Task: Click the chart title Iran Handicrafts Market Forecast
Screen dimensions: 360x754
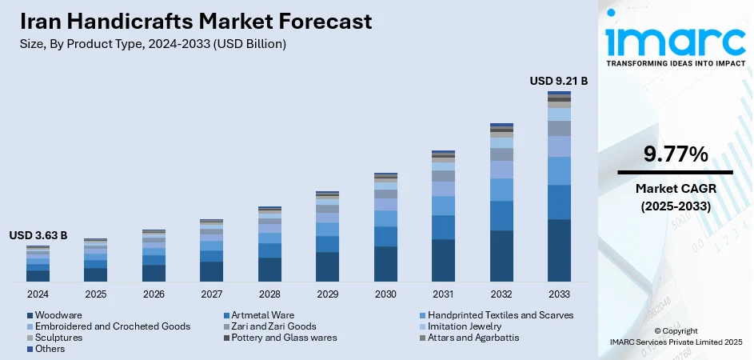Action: pos(197,20)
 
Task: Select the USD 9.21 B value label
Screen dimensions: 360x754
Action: pos(559,81)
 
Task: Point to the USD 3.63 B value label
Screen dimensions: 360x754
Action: pos(38,235)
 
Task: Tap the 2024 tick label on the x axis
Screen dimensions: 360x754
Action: pos(38,294)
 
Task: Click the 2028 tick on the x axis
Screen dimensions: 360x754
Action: pos(269,294)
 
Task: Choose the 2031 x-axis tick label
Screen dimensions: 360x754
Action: pos(443,294)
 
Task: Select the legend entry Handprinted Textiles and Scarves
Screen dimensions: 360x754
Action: pos(500,315)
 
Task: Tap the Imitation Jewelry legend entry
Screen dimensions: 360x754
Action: pos(465,326)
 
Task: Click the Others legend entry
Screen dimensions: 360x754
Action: pos(50,349)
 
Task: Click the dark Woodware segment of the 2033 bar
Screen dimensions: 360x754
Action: pos(559,250)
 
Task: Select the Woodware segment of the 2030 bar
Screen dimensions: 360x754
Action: pos(385,264)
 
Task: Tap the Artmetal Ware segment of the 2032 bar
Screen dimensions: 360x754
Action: pos(501,215)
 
